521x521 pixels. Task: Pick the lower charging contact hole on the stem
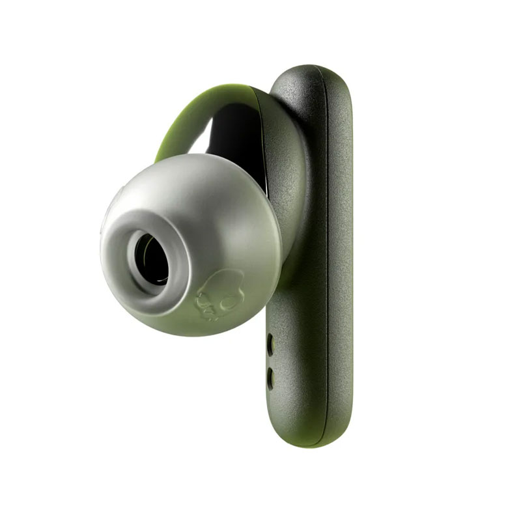point(270,375)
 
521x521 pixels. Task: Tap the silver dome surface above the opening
point(189,189)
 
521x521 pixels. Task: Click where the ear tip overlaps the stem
point(277,274)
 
